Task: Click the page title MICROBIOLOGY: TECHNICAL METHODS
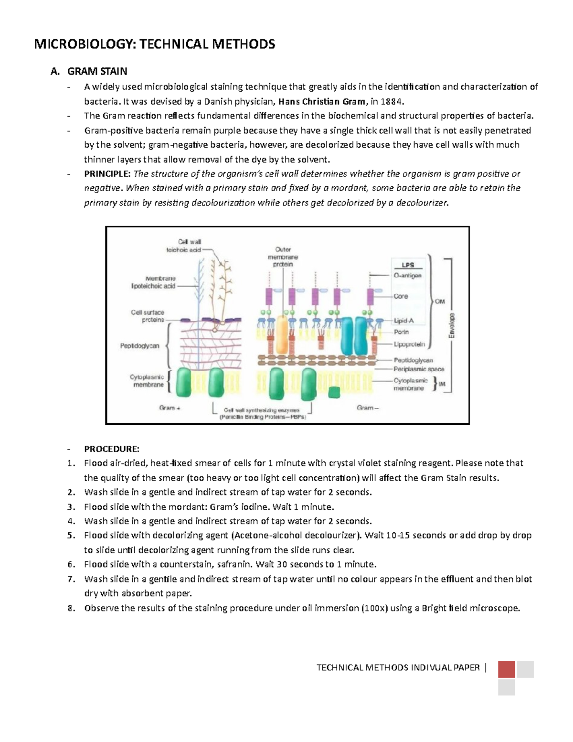click(x=154, y=44)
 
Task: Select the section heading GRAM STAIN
click(x=97, y=72)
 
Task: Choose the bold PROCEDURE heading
click(x=111, y=449)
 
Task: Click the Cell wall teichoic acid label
click(x=184, y=246)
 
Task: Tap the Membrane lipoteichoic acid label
click(x=153, y=282)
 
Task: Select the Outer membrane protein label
click(x=283, y=257)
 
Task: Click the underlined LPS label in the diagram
click(x=408, y=265)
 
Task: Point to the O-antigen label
click(x=407, y=276)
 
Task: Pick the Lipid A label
click(x=403, y=321)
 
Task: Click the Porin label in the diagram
click(x=401, y=332)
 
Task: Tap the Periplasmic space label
click(x=418, y=369)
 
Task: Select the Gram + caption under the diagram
click(x=170, y=408)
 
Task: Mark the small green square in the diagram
click(x=335, y=392)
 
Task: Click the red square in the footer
click(x=506, y=669)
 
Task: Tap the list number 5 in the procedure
click(x=71, y=536)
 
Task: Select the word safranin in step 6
click(x=233, y=564)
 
